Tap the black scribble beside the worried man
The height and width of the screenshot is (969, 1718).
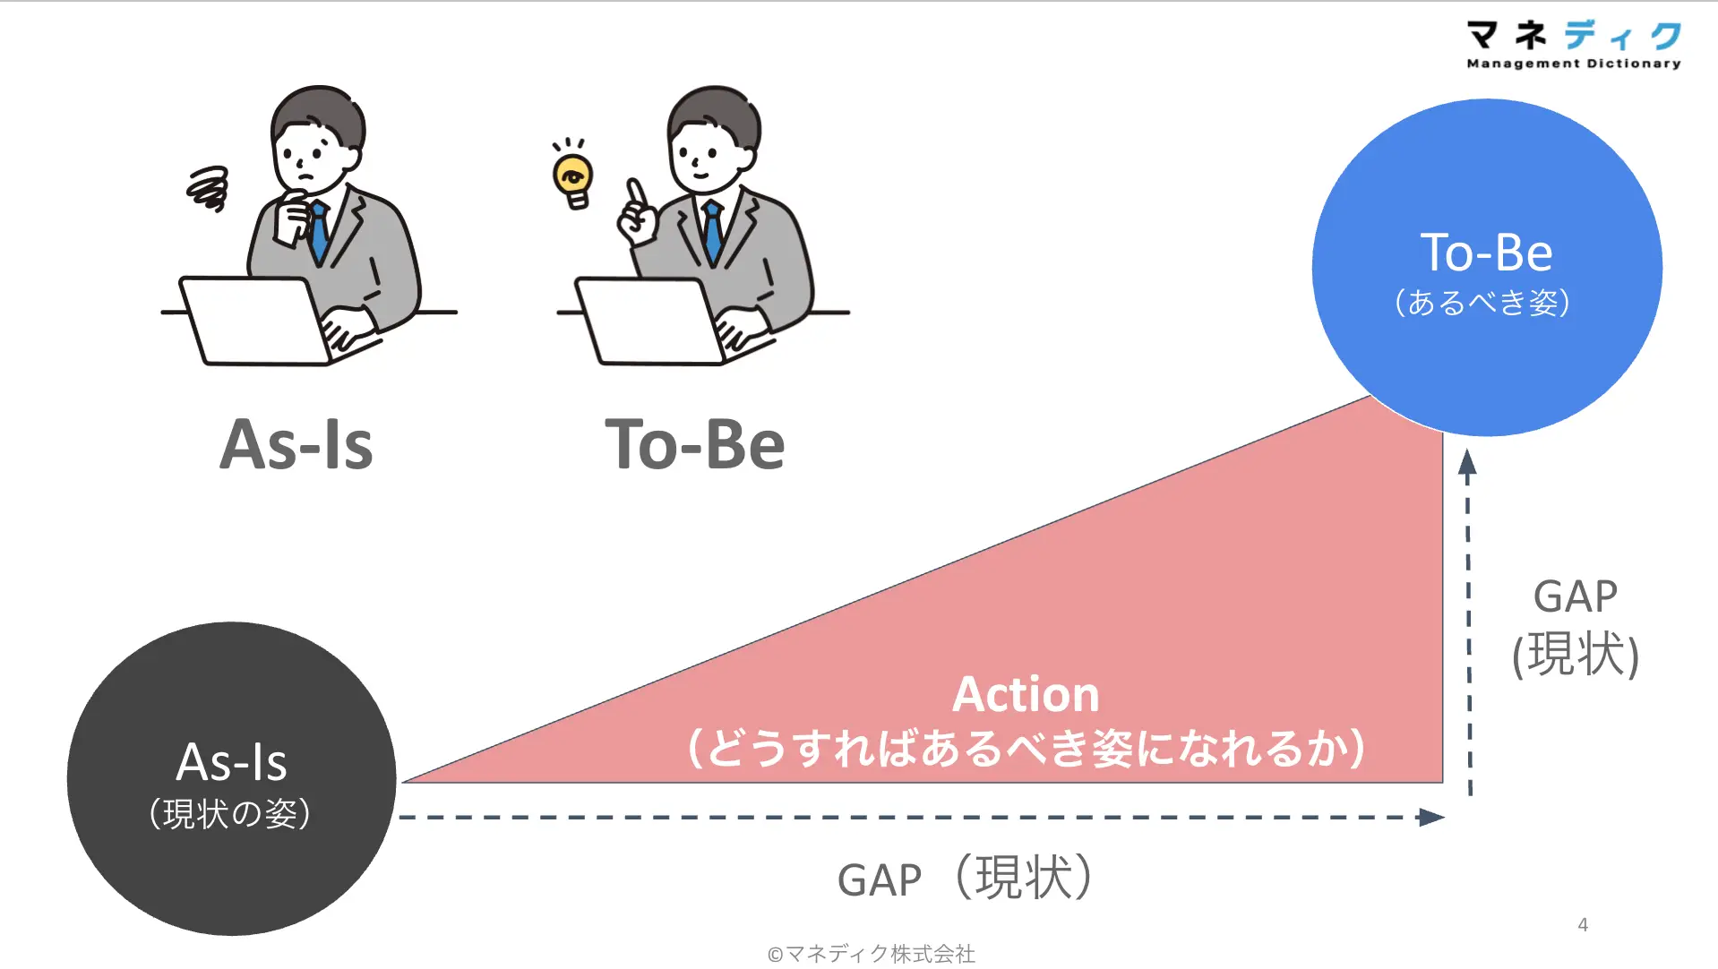click(208, 189)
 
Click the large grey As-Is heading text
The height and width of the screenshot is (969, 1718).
click(296, 445)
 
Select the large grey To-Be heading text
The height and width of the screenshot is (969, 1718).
click(695, 445)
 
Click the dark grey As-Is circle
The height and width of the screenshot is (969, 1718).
click(231, 778)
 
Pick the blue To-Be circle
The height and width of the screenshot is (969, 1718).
click(1487, 267)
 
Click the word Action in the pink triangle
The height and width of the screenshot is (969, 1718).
click(1026, 694)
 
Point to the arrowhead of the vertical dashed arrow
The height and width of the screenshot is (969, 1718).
click(1467, 461)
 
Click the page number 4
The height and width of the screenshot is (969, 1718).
click(1583, 925)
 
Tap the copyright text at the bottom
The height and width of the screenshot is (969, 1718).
click(871, 954)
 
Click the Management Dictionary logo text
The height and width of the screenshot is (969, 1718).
click(1574, 64)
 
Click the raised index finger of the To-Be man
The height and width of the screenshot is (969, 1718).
click(636, 193)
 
